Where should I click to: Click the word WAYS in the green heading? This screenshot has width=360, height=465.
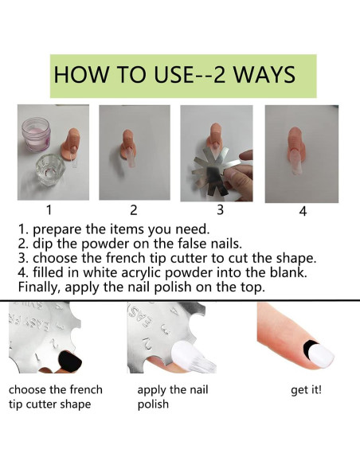pos(264,74)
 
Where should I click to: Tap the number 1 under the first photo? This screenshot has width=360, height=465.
pos(49,210)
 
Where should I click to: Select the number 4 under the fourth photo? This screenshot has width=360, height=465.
pos(303,212)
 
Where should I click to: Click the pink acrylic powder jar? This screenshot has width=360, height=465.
pos(37,135)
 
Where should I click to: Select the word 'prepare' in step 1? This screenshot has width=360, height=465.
pos(57,230)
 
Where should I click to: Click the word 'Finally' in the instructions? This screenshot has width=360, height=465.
pos(39,287)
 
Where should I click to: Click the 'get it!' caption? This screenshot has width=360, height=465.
pos(306,389)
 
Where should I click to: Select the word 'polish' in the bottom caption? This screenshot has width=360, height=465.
pos(153,404)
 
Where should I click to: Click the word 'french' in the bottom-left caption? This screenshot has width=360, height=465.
pos(84,389)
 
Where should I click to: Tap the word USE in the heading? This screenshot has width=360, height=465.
pos(173,74)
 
